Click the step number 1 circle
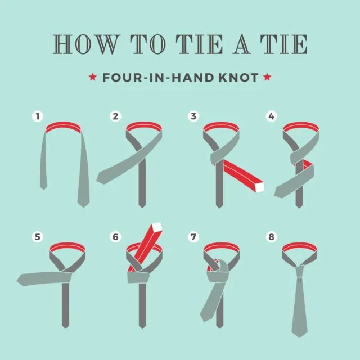pos(38,116)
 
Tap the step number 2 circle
pos(115,116)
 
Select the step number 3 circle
pos(193,116)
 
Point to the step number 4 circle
pos(271,116)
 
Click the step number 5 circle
pos(38,237)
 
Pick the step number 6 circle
pos(115,237)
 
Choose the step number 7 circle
pos(193,237)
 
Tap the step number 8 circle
pos(271,237)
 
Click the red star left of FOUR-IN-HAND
pos(93,77)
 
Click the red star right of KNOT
pos(267,77)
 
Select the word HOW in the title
pos(85,44)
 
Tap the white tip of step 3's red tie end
pos(260,187)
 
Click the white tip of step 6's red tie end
pos(157,227)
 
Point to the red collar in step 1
pos(63,127)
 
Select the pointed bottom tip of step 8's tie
pos(299,337)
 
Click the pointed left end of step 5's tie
pos(17,280)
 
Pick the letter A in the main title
pos(241,44)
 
